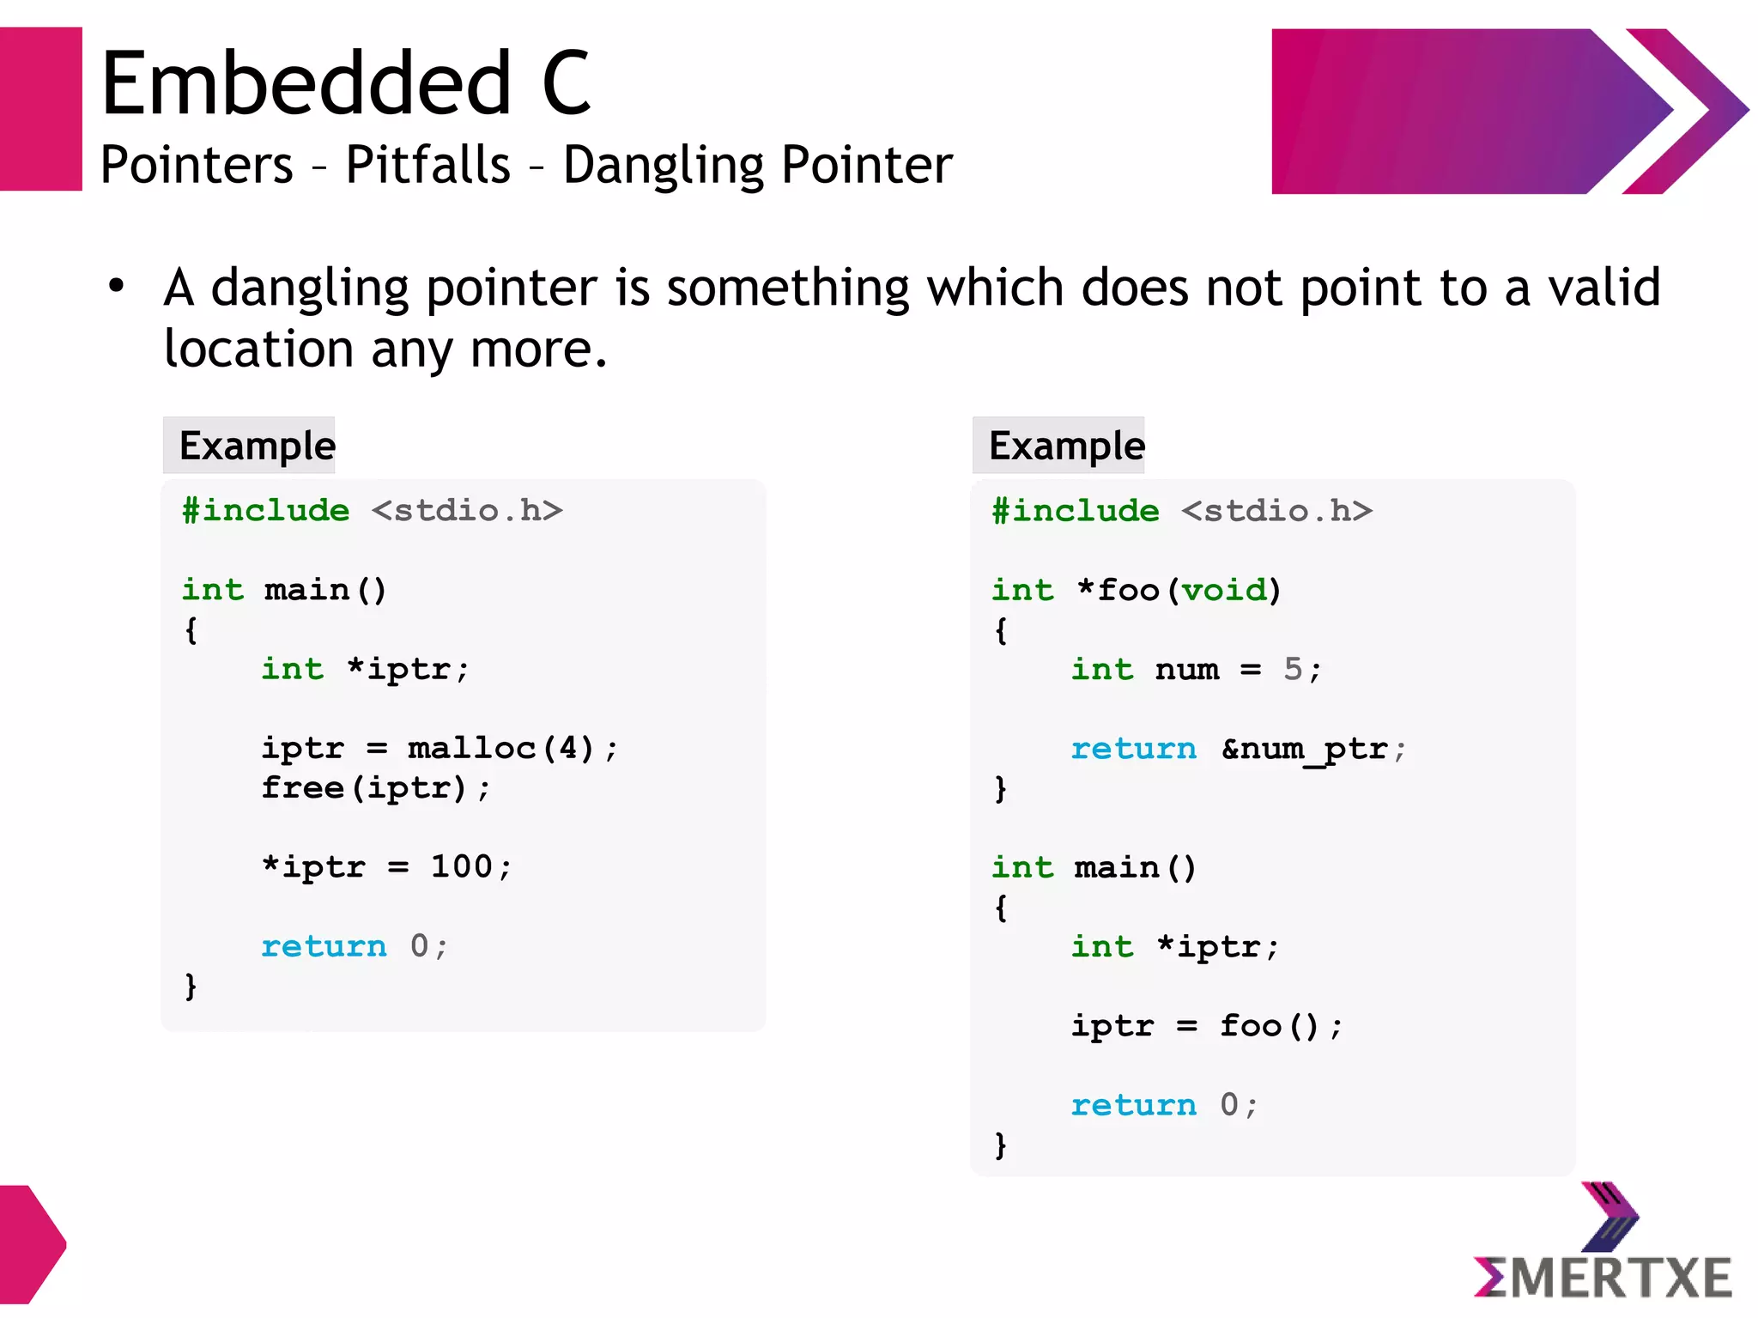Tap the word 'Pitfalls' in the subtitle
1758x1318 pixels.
(427, 165)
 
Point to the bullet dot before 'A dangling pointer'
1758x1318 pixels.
(117, 286)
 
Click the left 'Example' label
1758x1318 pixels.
(257, 446)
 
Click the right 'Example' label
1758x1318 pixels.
(1066, 446)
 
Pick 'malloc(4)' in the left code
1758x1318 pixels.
(500, 749)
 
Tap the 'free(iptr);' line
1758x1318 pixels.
(376, 788)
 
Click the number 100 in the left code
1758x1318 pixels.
(461, 867)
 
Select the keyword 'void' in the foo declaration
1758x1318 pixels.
(1224, 590)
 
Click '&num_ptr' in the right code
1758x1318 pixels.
(1305, 750)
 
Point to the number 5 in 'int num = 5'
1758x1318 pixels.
(1293, 670)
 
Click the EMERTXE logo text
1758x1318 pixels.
(1603, 1277)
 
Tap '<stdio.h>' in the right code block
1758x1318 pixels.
(1276, 511)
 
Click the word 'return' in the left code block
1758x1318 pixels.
(324, 946)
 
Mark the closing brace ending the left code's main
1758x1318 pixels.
(191, 986)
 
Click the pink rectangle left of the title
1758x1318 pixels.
(40, 109)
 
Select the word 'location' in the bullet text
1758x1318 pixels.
(258, 349)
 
